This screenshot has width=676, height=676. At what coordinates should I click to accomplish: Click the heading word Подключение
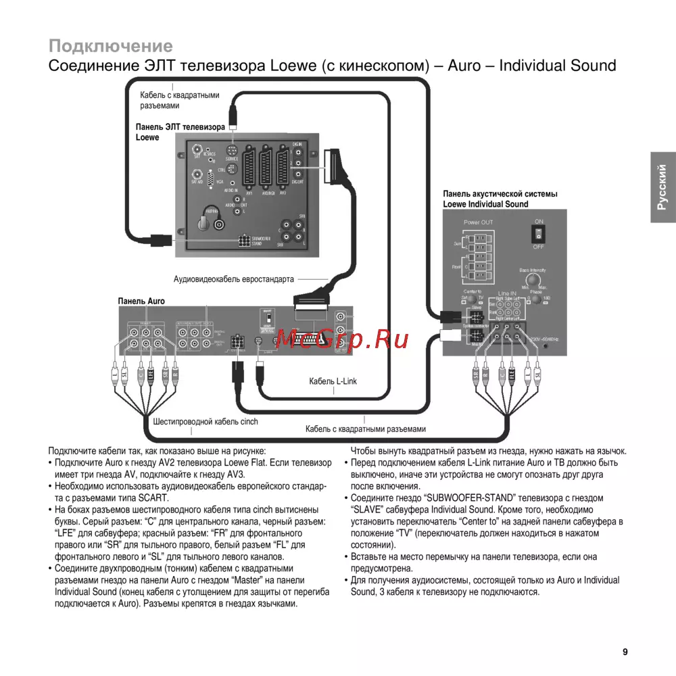click(111, 46)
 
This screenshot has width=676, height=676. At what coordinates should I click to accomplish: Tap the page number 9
click(625, 652)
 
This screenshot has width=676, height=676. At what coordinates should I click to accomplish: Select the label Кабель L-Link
click(333, 381)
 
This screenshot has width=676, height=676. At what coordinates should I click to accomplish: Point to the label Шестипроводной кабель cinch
click(206, 421)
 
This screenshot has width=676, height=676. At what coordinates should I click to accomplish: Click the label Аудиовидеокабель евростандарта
click(234, 278)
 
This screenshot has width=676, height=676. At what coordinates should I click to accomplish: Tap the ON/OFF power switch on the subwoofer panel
click(538, 233)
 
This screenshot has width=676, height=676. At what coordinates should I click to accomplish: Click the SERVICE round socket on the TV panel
click(232, 151)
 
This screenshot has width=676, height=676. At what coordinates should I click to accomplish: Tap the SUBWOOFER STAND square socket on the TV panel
click(241, 241)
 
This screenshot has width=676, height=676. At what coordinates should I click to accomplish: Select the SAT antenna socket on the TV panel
click(197, 149)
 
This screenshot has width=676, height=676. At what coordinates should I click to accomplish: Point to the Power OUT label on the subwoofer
click(478, 222)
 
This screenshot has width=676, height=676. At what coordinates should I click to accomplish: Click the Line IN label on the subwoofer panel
click(506, 292)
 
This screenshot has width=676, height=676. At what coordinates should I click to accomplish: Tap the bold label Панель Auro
click(141, 301)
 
